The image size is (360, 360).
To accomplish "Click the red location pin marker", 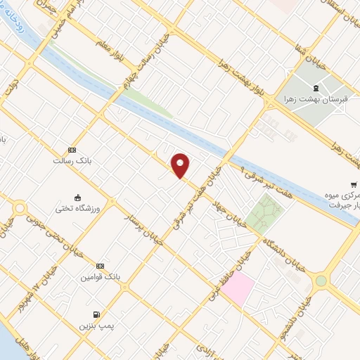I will (x=181, y=166).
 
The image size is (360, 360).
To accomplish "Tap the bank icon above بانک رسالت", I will (x=72, y=150).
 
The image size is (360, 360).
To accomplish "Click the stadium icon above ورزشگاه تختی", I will (x=77, y=198).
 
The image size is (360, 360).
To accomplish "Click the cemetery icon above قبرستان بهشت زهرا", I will (x=314, y=89).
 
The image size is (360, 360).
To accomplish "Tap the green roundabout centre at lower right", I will (x=321, y=281).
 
